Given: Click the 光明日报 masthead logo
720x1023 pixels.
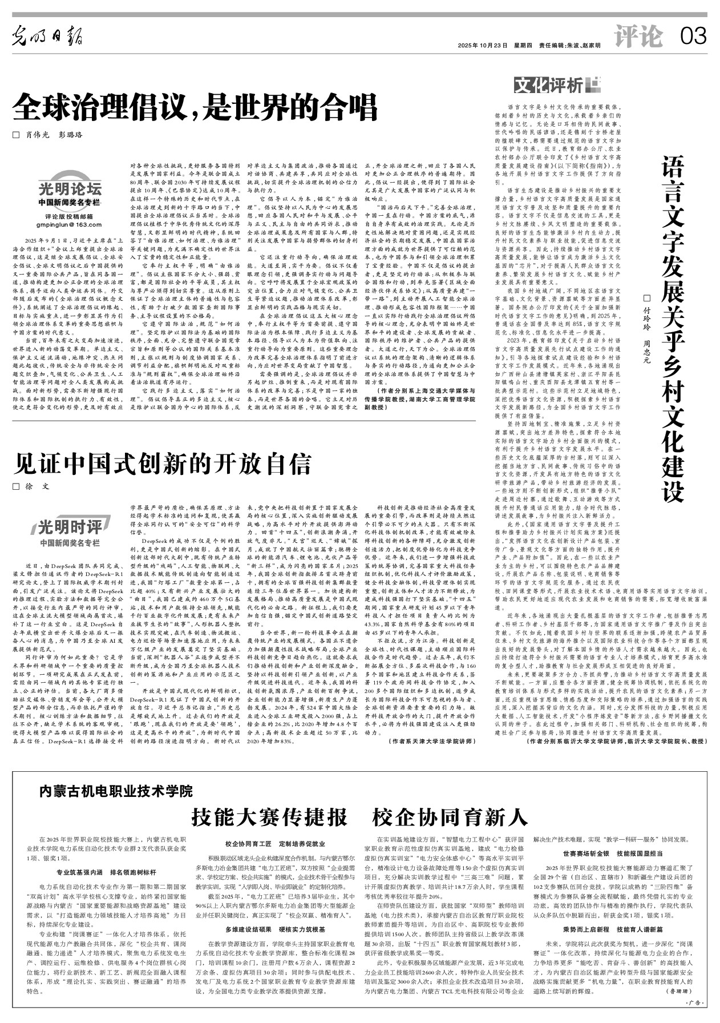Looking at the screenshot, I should [48, 38].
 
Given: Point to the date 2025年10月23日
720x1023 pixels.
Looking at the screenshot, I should [482, 45].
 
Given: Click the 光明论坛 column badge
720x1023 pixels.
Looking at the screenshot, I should [70, 189].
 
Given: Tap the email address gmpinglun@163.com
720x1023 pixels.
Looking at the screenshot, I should [69, 224].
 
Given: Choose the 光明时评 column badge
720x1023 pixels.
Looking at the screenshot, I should [70, 526].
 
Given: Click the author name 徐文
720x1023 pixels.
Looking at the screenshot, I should [35, 486].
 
